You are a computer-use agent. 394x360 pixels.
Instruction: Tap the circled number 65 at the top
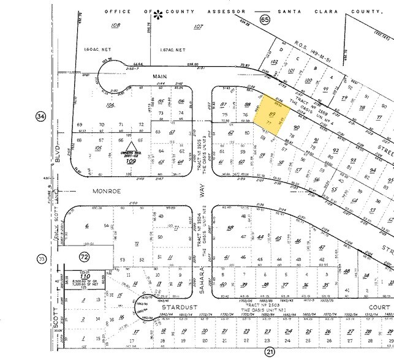(x=265, y=20)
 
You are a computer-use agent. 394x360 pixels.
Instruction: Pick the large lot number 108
(x=115, y=26)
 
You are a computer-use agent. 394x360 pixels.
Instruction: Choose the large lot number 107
(x=197, y=26)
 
